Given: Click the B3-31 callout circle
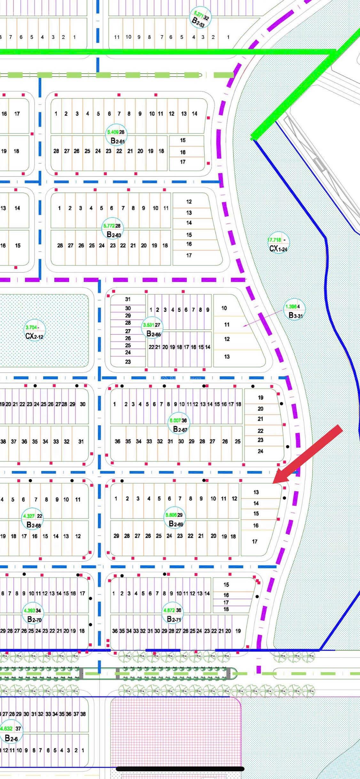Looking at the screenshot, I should coord(295,311).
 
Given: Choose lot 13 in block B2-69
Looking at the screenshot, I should coord(256,492).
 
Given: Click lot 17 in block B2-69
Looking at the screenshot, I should coord(255,541).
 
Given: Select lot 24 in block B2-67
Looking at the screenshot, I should coord(261,451).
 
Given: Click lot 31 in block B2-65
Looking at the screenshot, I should coord(128,299).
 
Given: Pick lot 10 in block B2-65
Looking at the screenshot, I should coord(224,308).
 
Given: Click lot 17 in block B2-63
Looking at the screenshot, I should coord(189,255).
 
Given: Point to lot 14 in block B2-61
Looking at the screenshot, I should coord(194,114).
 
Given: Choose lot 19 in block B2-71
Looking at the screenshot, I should coord(238,631).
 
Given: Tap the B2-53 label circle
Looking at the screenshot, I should coord(200,18).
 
